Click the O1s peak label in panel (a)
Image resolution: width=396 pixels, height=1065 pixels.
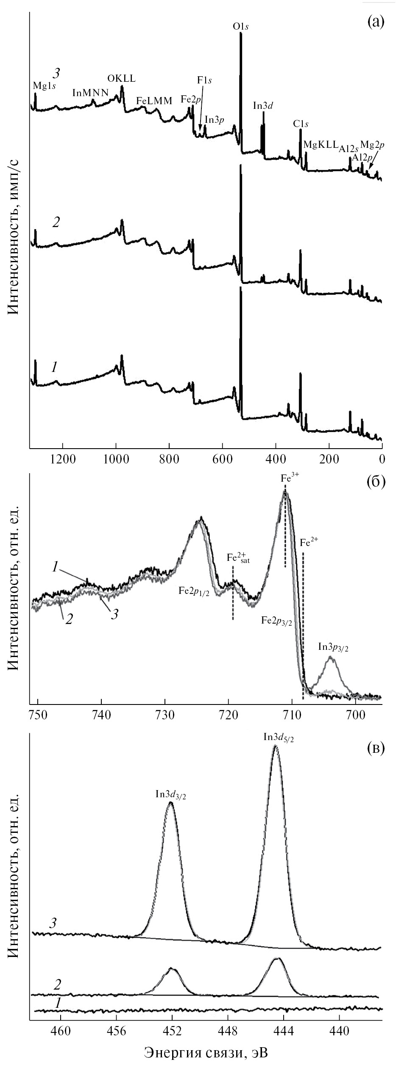click(x=240, y=26)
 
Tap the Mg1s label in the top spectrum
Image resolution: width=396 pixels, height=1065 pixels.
click(x=45, y=86)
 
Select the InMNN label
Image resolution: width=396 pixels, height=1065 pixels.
click(x=91, y=92)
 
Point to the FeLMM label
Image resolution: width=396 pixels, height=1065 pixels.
click(x=154, y=101)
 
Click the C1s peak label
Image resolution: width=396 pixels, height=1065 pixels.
click(x=301, y=124)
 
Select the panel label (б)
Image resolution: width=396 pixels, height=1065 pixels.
click(x=375, y=483)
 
